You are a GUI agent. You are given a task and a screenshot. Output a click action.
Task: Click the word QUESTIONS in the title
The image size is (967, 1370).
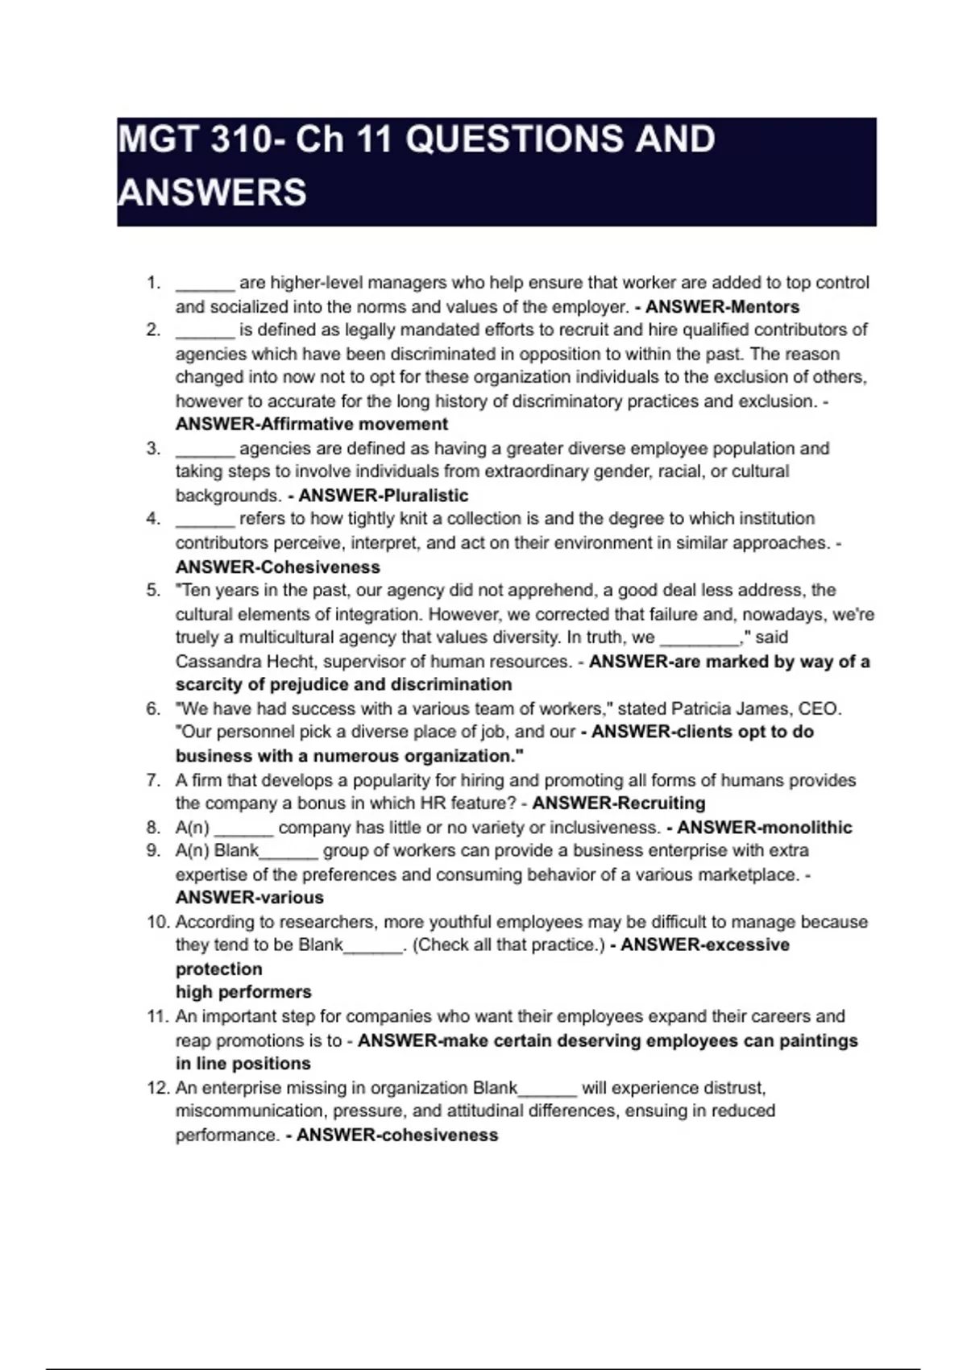(x=515, y=139)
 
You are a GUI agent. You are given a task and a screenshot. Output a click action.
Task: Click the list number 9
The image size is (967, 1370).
(x=153, y=850)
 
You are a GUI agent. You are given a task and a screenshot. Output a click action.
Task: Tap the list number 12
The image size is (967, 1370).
(x=158, y=1088)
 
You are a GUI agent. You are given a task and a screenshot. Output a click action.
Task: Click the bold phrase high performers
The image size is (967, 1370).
(x=243, y=992)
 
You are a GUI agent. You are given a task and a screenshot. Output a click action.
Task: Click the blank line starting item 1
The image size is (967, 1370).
(x=205, y=284)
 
